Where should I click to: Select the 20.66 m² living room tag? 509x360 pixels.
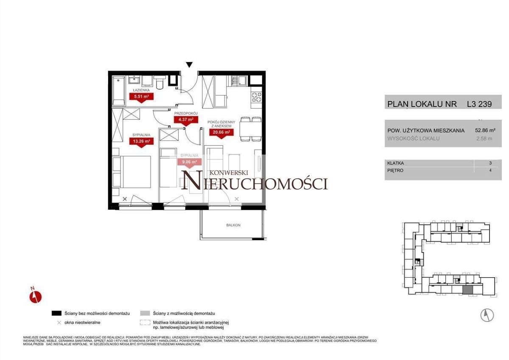pos(221,132)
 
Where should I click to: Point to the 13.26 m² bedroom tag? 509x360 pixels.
pos(142,141)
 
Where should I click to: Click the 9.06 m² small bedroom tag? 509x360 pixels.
pos(189,162)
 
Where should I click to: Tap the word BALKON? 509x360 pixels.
pos(233,225)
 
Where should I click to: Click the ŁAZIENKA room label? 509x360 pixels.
pos(140,90)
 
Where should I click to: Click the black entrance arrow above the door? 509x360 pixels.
pos(190,65)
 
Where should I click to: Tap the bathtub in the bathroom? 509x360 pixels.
pos(118,91)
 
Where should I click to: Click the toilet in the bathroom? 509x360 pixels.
pos(159,84)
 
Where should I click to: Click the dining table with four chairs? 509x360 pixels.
pos(250,129)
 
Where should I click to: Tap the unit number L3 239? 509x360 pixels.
pos(479,104)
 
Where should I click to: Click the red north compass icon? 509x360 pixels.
pos(35,296)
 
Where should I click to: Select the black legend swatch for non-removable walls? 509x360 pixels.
pos(57,313)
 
